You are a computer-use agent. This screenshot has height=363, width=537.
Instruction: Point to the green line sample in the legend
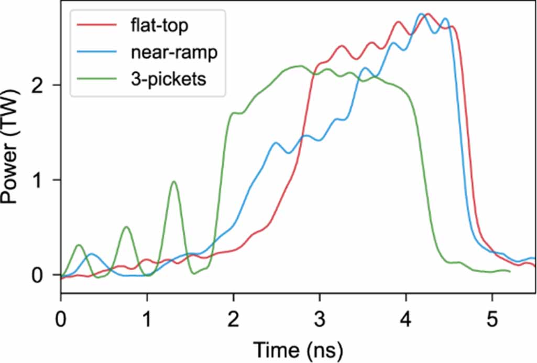(96, 80)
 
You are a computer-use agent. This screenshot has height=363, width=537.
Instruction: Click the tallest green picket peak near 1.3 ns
(174, 181)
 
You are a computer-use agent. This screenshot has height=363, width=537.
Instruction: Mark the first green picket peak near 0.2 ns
(79, 245)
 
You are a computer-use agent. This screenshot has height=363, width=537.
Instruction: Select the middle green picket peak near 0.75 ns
(126, 227)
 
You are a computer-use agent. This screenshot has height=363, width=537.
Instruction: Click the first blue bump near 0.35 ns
(92, 254)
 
